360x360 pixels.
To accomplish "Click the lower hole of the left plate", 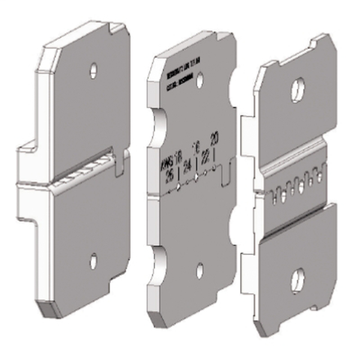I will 93,261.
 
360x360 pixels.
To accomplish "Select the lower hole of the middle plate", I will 199,269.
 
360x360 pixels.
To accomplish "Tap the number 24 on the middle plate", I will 184,167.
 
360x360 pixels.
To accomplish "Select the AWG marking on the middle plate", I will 166,158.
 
